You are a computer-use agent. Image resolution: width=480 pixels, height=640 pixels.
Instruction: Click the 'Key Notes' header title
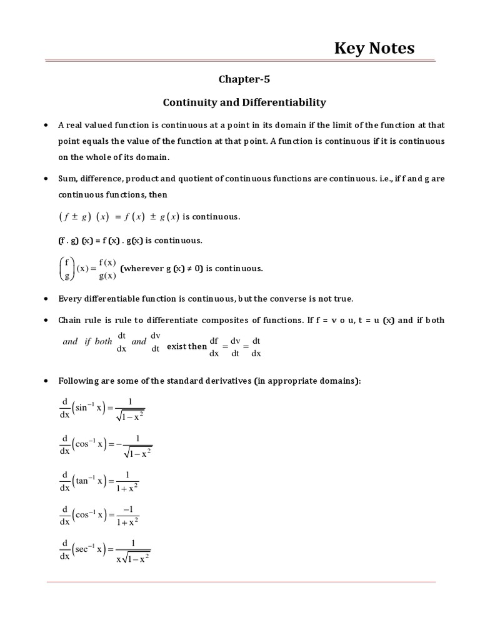pos(374,48)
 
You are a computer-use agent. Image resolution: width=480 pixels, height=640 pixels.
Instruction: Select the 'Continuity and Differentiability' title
pos(244,101)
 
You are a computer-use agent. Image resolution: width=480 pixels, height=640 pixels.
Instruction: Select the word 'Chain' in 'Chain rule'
pos(70,320)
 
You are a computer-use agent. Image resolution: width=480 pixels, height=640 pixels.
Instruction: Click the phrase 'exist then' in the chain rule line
pos(187,346)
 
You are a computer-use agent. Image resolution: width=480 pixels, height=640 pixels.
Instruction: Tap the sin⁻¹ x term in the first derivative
pos(90,407)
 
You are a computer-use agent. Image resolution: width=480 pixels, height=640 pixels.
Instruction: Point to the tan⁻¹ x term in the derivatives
pos(91,480)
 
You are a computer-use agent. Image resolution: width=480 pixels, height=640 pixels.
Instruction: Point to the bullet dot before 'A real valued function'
pos(46,125)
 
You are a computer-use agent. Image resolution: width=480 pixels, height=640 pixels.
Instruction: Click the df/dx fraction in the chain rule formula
pos(214,346)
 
